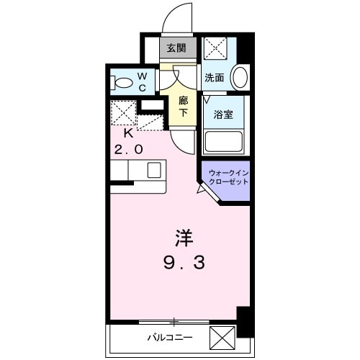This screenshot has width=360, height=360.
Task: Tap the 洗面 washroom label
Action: [214, 77]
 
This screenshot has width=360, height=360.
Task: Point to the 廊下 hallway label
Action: [184, 107]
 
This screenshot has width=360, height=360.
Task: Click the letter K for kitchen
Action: [128, 133]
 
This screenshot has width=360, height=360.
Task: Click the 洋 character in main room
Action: [183, 237]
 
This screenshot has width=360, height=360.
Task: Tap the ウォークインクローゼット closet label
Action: [228, 178]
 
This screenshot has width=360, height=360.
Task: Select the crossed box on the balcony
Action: [223, 337]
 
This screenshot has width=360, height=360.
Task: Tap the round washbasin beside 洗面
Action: [240, 77]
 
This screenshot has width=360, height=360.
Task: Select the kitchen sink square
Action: [154, 171]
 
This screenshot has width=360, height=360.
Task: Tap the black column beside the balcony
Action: [244, 320]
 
